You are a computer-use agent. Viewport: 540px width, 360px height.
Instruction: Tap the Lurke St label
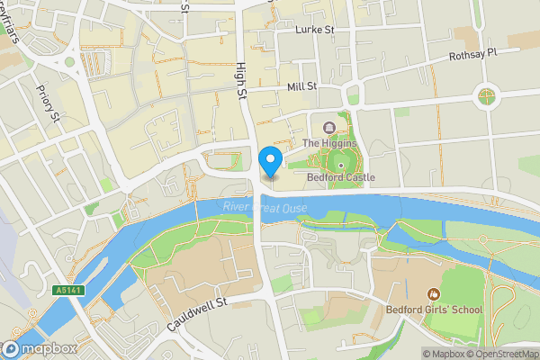pos(315,30)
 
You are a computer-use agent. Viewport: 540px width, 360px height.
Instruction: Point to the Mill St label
pos(301,86)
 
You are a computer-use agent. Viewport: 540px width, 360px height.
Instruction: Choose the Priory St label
pos(48,103)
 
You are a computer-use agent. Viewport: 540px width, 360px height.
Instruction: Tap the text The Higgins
pos(328,143)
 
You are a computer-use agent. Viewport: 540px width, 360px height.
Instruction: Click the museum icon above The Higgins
pos(328,127)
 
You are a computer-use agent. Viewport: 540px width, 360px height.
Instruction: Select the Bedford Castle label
pos(340,177)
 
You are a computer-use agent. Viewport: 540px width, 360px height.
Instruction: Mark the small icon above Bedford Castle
pos(341,166)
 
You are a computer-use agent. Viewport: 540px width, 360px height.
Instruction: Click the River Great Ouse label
pos(265,209)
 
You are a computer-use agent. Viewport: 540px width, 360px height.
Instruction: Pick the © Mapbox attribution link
pos(443,354)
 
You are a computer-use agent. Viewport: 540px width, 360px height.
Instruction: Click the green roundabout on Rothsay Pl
pos(486,94)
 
